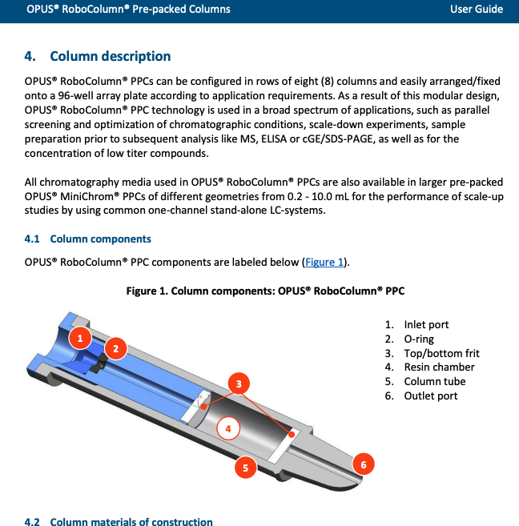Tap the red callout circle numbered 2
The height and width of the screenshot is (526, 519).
point(115,348)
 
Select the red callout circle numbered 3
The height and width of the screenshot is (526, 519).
point(238,384)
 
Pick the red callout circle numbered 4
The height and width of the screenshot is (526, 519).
point(228,428)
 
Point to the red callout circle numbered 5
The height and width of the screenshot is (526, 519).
point(245,467)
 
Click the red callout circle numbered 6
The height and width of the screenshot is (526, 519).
point(363,464)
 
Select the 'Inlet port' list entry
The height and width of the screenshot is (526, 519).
point(426,324)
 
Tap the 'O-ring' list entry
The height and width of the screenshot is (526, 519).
point(419,339)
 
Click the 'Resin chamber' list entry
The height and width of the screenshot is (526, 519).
point(439,367)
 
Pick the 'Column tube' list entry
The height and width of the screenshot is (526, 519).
point(434,381)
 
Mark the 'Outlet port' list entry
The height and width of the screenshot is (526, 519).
point(431,396)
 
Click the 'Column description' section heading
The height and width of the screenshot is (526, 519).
point(110,56)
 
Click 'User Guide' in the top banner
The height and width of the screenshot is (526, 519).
point(477,9)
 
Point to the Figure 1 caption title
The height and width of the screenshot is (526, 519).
point(265,291)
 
